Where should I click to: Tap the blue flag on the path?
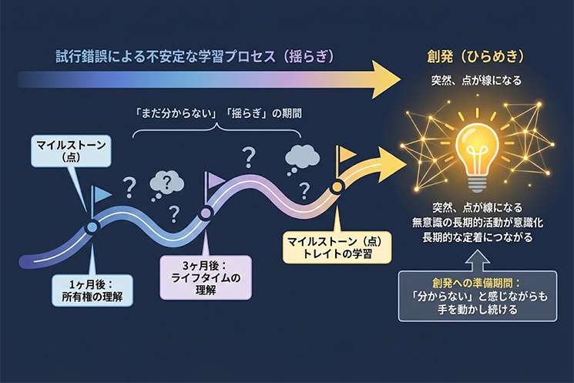click(100, 194)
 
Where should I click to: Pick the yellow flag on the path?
click(346, 154)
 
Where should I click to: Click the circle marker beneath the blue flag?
click(92, 227)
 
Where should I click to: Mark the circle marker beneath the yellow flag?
click(337, 187)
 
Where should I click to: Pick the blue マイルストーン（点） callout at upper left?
click(65, 151)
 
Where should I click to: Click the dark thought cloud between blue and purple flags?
click(166, 183)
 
